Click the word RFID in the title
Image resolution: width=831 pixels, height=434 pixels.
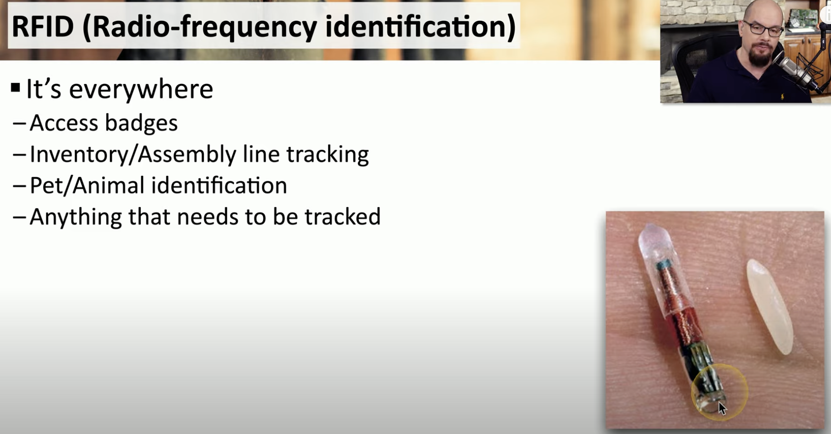point(43,26)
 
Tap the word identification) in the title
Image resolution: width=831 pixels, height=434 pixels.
point(420,27)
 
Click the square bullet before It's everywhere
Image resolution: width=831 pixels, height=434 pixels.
point(15,88)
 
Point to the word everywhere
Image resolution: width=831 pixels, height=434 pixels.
point(141,89)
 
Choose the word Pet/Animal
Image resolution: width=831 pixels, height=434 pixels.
point(87,185)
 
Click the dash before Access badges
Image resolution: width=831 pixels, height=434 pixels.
point(19,123)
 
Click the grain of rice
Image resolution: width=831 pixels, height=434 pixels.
point(769,306)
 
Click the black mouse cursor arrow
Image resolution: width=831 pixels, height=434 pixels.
point(722,408)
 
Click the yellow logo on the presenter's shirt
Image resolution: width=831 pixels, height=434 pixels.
point(783,97)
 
